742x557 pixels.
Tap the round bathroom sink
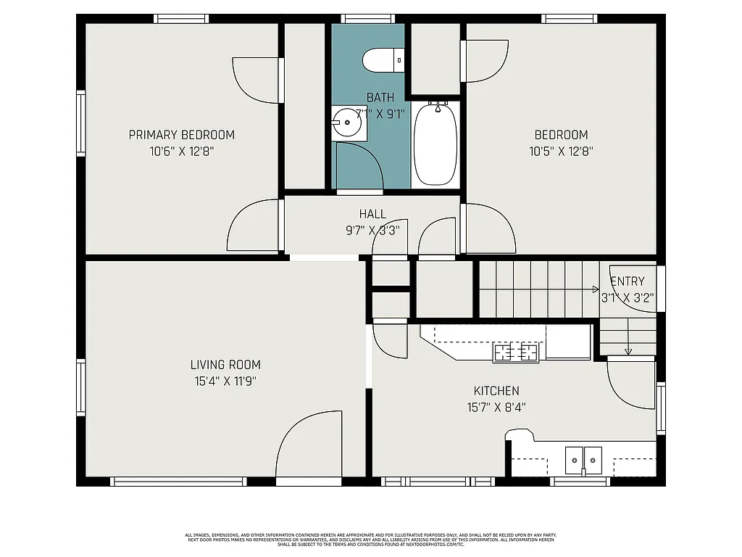(x=348, y=123)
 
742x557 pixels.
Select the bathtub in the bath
(x=435, y=146)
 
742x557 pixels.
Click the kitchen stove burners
(x=517, y=353)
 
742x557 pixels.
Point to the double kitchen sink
(x=583, y=459)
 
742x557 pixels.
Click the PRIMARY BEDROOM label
(x=181, y=135)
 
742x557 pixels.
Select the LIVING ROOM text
(x=225, y=365)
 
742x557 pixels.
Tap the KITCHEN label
(x=496, y=391)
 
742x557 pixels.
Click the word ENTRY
(x=627, y=281)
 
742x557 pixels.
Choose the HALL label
(x=372, y=214)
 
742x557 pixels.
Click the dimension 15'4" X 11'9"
(x=225, y=381)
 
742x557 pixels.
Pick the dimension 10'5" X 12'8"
(x=561, y=152)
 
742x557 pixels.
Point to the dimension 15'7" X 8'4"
(x=496, y=408)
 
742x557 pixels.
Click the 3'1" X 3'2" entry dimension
(x=628, y=297)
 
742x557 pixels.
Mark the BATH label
(x=380, y=97)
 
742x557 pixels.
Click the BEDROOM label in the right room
(x=561, y=135)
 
